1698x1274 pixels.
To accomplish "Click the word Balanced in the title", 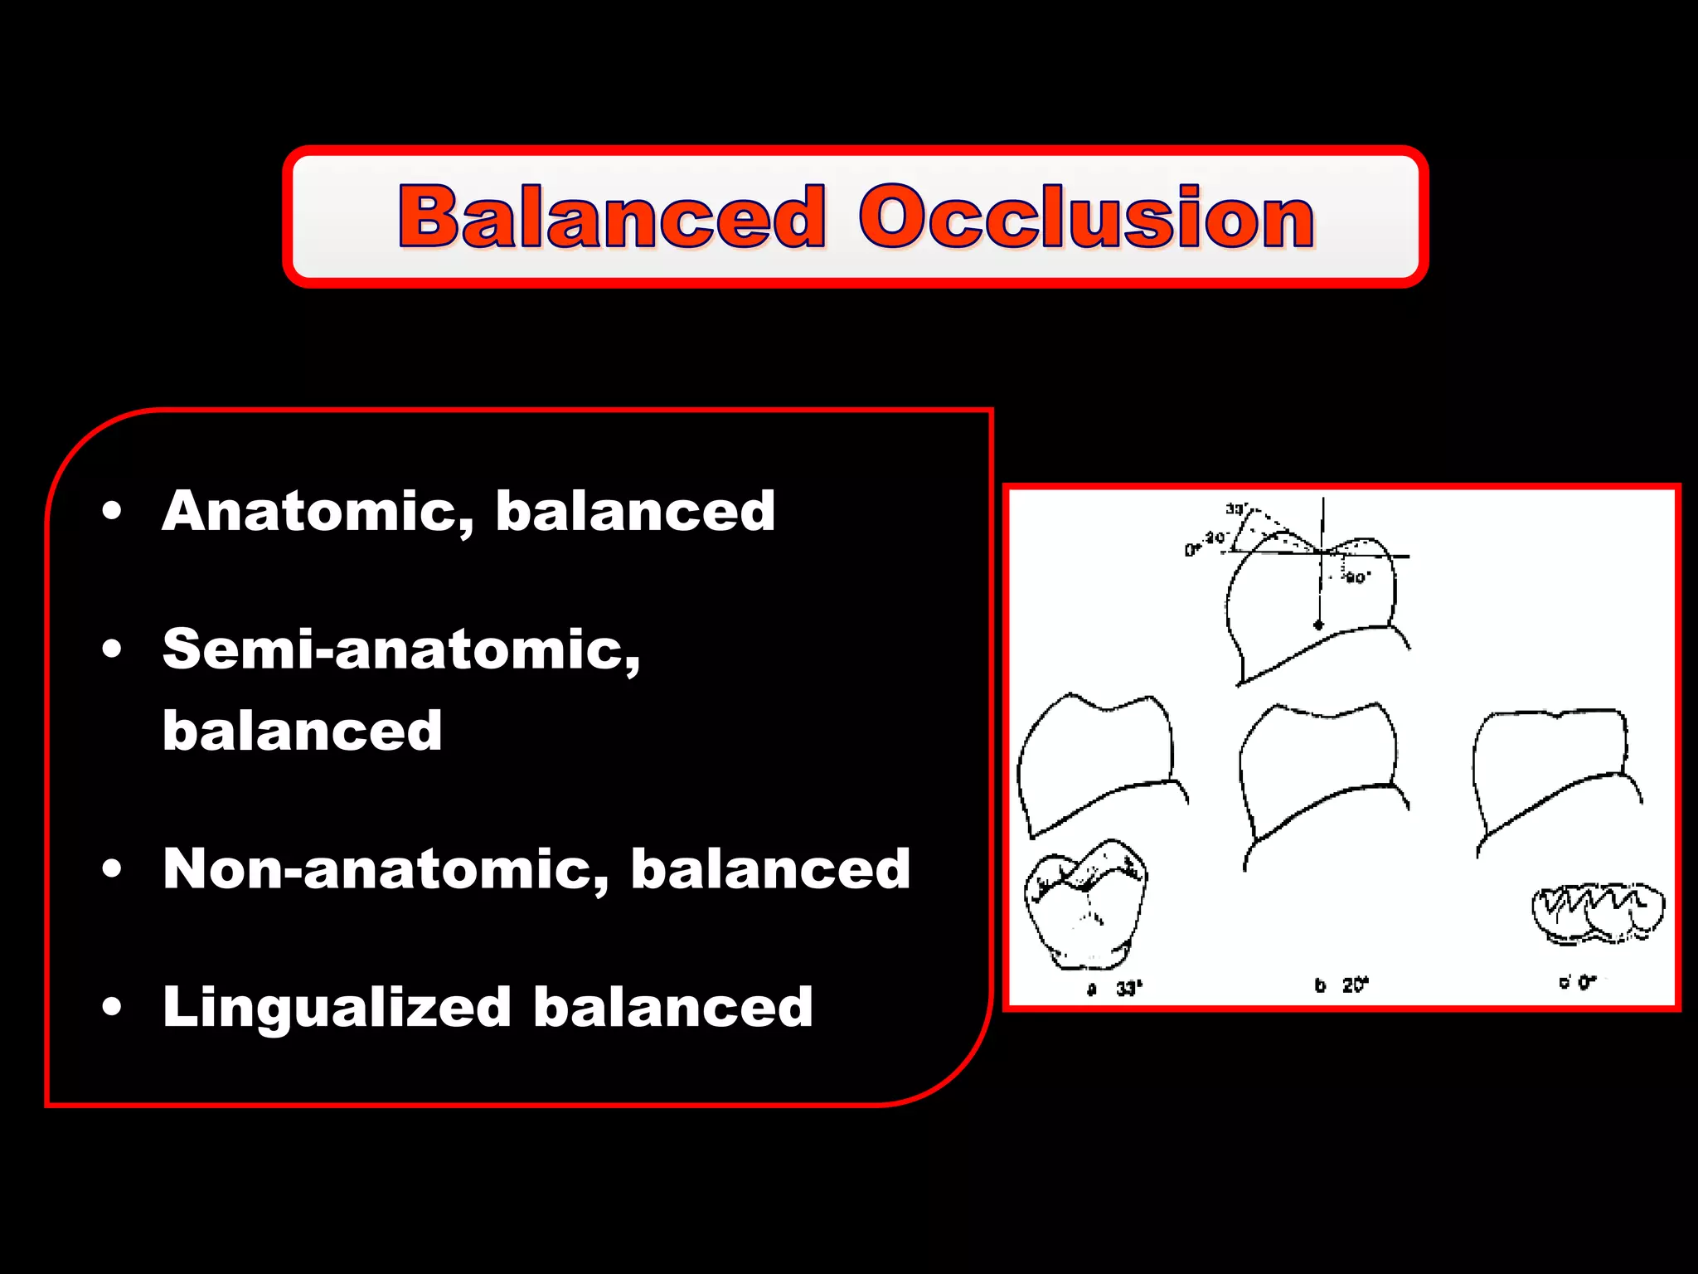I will (612, 217).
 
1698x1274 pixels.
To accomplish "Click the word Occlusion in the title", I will (1086, 217).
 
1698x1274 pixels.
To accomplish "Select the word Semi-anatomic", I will (401, 649).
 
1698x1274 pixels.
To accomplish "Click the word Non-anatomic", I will (386, 870).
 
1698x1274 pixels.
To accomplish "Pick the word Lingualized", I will (337, 1008).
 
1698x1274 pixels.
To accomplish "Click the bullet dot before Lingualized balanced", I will (112, 1008).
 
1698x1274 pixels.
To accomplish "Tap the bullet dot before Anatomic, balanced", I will (112, 512).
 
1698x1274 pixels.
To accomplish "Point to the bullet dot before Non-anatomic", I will (112, 870).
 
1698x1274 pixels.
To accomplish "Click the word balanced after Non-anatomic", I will (770, 870).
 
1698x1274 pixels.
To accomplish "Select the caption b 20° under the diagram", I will (1341, 985).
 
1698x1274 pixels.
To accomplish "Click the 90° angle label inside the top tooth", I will (1357, 577).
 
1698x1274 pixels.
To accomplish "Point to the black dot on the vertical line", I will (1319, 625).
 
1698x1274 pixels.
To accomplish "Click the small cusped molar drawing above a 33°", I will (1086, 904).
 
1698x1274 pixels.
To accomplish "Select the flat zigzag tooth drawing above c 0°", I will (1597, 912).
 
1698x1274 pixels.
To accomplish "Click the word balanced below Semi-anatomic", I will (302, 732).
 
